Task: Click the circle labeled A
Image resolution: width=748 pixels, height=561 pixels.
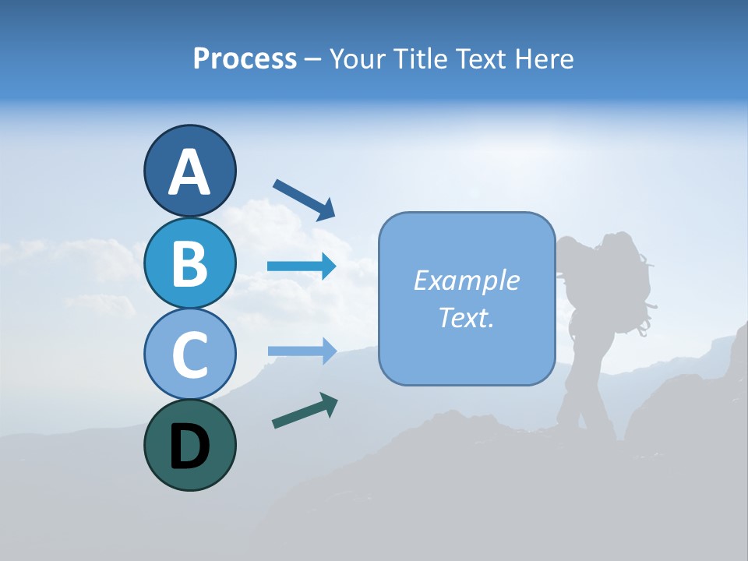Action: [x=189, y=171]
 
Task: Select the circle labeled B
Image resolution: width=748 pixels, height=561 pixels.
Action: [x=189, y=263]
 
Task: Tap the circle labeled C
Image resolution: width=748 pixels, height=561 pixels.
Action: [x=189, y=354]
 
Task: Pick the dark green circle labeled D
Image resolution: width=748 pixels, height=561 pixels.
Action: [x=189, y=445]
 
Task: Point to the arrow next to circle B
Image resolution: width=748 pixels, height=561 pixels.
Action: [x=302, y=266]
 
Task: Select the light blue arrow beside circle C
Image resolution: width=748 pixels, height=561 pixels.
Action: [x=302, y=351]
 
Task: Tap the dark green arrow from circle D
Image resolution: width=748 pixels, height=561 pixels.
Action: [x=305, y=411]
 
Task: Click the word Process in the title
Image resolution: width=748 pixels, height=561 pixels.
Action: [x=245, y=58]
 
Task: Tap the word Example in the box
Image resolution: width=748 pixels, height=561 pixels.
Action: [x=466, y=280]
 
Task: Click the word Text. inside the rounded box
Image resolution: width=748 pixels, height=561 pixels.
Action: [x=466, y=317]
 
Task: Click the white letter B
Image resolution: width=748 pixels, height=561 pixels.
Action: [x=189, y=263]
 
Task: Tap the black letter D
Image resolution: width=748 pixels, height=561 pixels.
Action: [x=189, y=446]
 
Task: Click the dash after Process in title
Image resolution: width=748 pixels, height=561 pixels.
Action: [x=312, y=59]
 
